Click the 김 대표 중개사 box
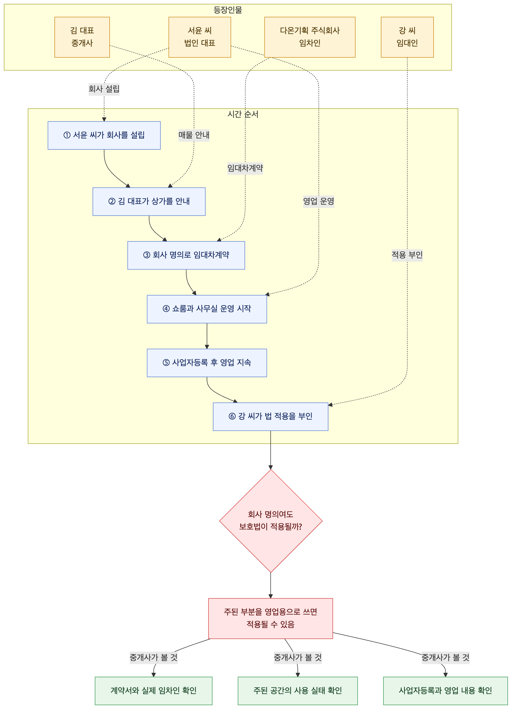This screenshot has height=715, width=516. [x=82, y=37]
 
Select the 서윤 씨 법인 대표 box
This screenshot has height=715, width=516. [x=200, y=37]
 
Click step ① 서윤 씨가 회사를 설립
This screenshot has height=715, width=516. [x=104, y=135]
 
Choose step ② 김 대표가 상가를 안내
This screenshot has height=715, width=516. [x=149, y=201]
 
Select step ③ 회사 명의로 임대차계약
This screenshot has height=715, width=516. [x=186, y=255]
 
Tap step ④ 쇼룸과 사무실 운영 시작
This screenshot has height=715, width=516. [x=207, y=309]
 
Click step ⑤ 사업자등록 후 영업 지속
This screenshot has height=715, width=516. [x=207, y=363]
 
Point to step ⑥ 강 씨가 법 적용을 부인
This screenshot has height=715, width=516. [x=270, y=416]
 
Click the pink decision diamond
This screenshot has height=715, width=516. [x=270, y=521]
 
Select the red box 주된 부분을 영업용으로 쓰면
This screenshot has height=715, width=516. [x=270, y=619]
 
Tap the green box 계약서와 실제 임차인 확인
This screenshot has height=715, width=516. [x=153, y=691]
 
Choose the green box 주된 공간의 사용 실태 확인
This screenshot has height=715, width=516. [x=298, y=691]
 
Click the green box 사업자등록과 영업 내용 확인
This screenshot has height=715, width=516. [x=445, y=691]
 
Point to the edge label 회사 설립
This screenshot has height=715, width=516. [x=104, y=89]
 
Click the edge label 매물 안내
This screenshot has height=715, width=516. [x=194, y=135]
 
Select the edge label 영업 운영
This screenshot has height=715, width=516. [x=318, y=201]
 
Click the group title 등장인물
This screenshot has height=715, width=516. [x=228, y=10]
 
